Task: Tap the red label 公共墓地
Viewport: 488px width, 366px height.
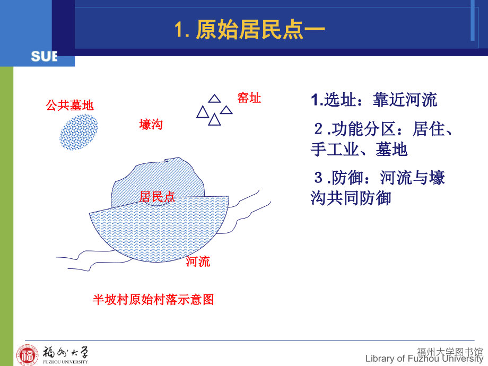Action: pyautogui.click(x=70, y=106)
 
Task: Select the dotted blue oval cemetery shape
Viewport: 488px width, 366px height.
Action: pyautogui.click(x=79, y=131)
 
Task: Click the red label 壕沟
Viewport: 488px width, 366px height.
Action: pyautogui.click(x=151, y=125)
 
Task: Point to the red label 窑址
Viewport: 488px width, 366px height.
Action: pyautogui.click(x=249, y=98)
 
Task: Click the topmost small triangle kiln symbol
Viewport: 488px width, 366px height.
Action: pyautogui.click(x=214, y=98)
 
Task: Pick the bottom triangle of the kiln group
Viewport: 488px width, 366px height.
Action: pyautogui.click(x=214, y=120)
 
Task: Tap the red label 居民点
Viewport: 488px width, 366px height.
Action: pyautogui.click(x=157, y=197)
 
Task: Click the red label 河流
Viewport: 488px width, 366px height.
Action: pyautogui.click(x=198, y=262)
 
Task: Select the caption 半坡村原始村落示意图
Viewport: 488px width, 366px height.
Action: pyautogui.click(x=153, y=300)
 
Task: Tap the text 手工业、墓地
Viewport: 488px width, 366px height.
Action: pyautogui.click(x=359, y=150)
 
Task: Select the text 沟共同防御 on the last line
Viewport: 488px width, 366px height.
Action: pyautogui.click(x=351, y=198)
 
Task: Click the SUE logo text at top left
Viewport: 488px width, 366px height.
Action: pyautogui.click(x=43, y=56)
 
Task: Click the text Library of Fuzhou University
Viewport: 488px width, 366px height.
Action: pyautogui.click(x=425, y=359)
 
